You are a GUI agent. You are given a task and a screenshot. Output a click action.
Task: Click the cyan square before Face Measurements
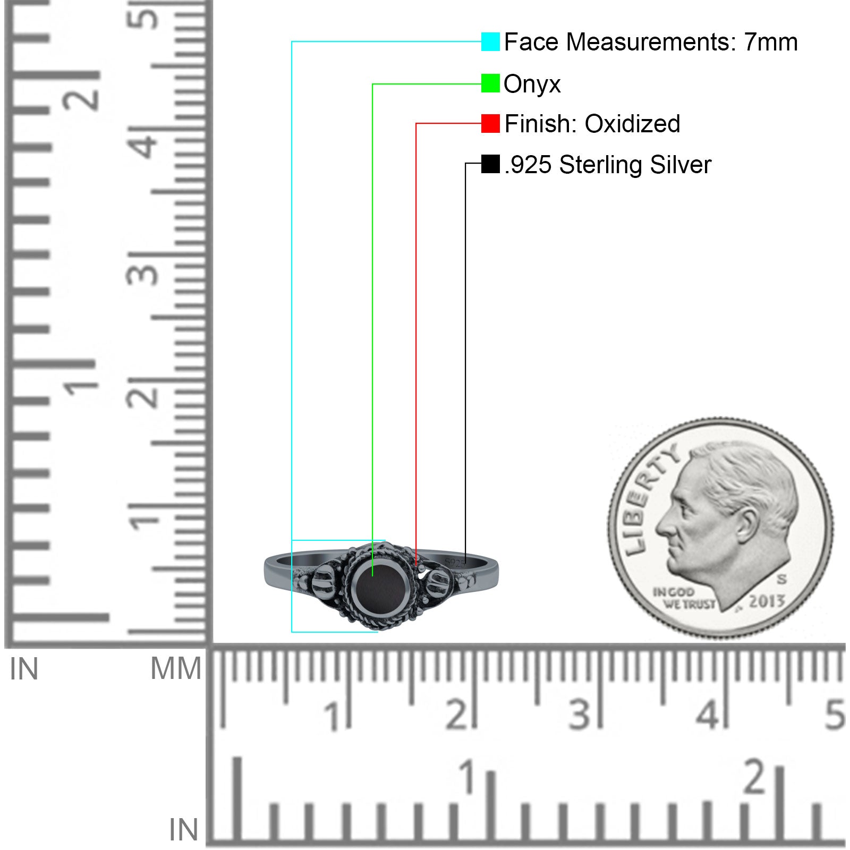tap(490, 41)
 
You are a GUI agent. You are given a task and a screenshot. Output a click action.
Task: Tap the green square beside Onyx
tap(490, 83)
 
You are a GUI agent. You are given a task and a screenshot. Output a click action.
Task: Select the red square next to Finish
tap(490, 123)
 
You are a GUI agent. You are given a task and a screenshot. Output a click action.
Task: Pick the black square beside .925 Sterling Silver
tap(490, 164)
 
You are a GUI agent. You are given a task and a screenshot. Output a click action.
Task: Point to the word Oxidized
tap(632, 124)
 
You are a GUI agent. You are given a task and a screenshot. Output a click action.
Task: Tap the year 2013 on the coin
tap(767, 601)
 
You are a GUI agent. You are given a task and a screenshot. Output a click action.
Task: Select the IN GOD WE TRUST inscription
tap(684, 598)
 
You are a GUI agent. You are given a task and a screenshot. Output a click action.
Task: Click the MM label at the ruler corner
tap(176, 669)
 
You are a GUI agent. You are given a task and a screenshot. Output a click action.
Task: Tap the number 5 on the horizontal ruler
tap(835, 715)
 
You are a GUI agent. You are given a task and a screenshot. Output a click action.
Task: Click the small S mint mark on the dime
tap(781, 579)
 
